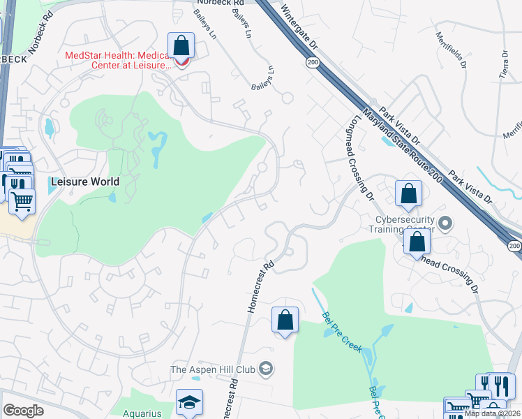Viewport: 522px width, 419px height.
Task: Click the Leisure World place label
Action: pos(84,182)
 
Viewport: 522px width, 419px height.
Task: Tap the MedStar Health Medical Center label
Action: pos(117,60)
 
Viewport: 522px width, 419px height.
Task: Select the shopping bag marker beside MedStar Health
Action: pos(181,46)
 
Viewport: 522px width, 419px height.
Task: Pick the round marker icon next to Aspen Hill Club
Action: pos(265,368)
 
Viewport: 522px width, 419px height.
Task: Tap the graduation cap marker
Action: pos(189,402)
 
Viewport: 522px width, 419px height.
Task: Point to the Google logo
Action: pos(23,411)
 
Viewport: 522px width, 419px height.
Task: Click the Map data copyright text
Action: pos(491,413)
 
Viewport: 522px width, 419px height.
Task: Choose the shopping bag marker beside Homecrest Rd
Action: pos(285,321)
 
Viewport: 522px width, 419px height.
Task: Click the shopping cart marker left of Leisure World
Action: pos(22,201)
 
